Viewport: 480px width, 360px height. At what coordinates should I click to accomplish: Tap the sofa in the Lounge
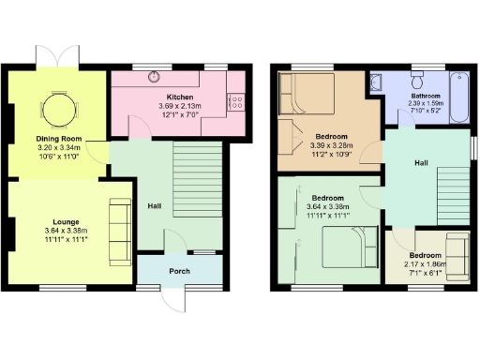click(x=118, y=228)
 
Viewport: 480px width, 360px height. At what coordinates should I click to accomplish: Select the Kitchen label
click(x=181, y=97)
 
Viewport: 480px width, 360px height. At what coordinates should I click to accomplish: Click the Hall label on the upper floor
click(x=424, y=161)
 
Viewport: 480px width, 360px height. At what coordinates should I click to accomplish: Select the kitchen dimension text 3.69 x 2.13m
click(x=181, y=106)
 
